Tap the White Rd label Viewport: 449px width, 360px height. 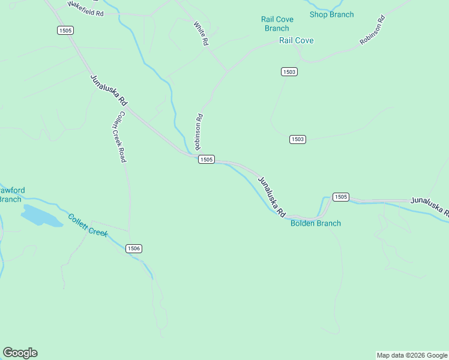pyautogui.click(x=200, y=34)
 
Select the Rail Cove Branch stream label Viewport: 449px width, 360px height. pyautogui.click(x=277, y=23)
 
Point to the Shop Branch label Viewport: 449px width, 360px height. pyautogui.click(x=331, y=14)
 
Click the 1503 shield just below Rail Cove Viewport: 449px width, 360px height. pyautogui.click(x=289, y=72)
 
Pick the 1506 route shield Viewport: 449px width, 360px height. pyautogui.click(x=134, y=248)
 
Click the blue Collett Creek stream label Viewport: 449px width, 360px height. pyautogui.click(x=88, y=225)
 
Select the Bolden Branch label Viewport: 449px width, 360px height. pyautogui.click(x=316, y=223)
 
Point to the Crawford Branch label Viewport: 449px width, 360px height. pyautogui.click(x=12, y=194)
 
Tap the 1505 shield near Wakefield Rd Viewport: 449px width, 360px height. pyautogui.click(x=66, y=30)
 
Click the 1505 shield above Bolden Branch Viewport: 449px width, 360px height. pyautogui.click(x=340, y=197)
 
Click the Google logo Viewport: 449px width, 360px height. pyautogui.click(x=20, y=353)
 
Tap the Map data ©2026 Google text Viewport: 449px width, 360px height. pyautogui.click(x=412, y=355)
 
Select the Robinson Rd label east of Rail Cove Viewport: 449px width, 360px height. pyautogui.click(x=372, y=31)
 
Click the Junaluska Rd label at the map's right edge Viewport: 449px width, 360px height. pyautogui.click(x=430, y=206)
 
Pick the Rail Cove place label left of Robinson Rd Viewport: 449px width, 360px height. pyautogui.click(x=297, y=40)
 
